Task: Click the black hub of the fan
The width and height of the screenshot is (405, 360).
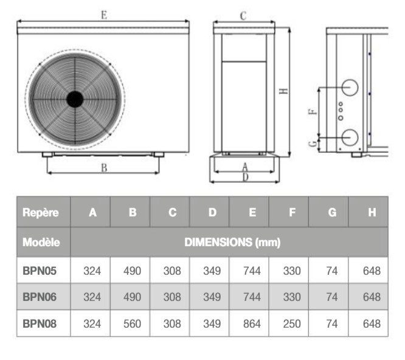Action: point(75,99)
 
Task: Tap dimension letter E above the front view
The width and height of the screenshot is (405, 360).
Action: point(104,15)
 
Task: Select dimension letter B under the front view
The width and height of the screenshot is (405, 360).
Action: point(104,168)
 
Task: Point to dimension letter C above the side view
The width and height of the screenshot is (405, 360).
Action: point(243,15)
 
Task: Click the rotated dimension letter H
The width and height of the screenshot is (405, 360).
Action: point(283,91)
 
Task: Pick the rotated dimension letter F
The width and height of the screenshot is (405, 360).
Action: point(313,112)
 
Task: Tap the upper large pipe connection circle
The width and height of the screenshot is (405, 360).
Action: point(350,88)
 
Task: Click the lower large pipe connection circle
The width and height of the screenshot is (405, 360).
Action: point(350,137)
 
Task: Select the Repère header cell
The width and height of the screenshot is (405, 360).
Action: point(41,213)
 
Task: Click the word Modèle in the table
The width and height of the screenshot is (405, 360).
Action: point(41,242)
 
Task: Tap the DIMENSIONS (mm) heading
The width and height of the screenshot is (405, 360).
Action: point(232,242)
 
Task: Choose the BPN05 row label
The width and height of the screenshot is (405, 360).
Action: point(40,271)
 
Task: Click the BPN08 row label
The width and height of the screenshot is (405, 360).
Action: point(40,324)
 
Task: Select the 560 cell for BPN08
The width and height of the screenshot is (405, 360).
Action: point(132,324)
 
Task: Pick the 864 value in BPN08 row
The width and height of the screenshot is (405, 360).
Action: point(252,324)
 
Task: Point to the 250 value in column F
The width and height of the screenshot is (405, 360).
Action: point(292,324)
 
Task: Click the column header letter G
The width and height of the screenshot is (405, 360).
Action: point(332,213)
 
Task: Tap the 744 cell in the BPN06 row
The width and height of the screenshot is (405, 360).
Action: point(252,297)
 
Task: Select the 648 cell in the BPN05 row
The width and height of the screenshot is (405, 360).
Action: point(372,271)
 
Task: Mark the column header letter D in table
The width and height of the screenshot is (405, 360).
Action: point(212,213)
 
